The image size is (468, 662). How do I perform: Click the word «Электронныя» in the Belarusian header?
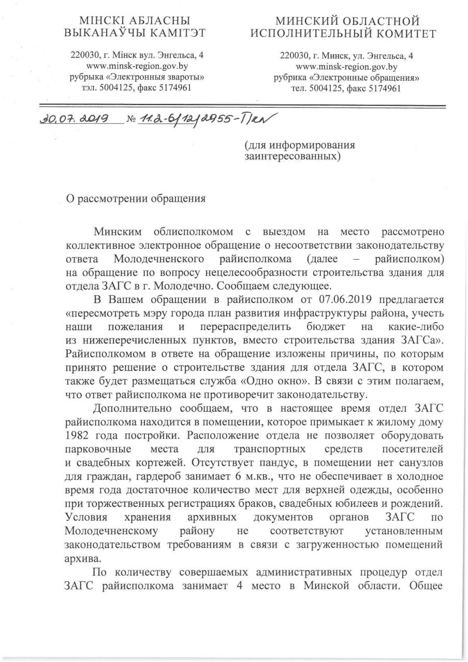click(x=136, y=77)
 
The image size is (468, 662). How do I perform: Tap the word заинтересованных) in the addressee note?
click(x=292, y=155)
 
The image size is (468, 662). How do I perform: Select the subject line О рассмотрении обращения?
click(x=135, y=198)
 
